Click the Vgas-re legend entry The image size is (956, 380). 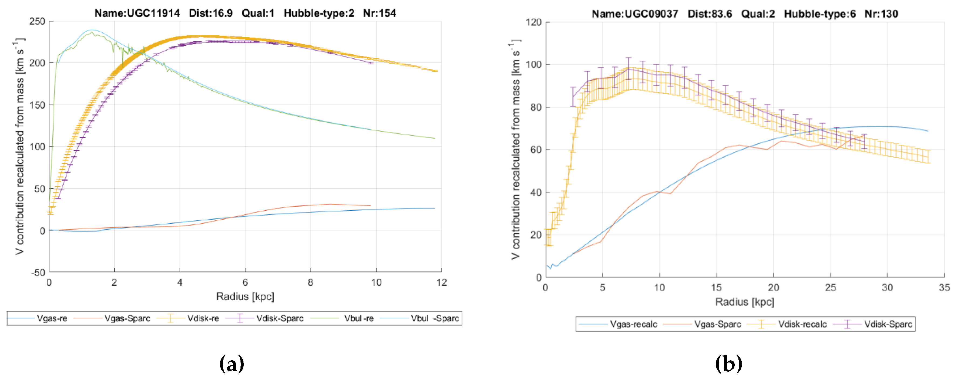click(x=52, y=318)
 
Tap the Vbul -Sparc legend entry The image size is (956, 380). click(x=435, y=318)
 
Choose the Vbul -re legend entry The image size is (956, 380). click(x=359, y=318)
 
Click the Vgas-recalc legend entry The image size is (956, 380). click(x=634, y=324)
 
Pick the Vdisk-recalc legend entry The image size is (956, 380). click(x=802, y=324)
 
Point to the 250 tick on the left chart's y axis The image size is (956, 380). click(x=37, y=22)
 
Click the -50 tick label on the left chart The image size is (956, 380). click(x=38, y=273)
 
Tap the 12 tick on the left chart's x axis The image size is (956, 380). click(x=442, y=283)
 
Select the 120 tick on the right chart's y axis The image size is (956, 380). click(x=533, y=22)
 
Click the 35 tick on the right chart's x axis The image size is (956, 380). click(x=944, y=288)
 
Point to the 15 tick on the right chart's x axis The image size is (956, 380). click(x=716, y=288)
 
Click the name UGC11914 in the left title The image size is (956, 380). click(x=153, y=13)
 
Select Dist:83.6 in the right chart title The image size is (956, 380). click(x=710, y=14)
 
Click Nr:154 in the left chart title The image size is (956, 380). click(x=379, y=13)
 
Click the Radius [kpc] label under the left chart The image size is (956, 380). click(x=245, y=296)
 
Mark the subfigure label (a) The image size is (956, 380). click(x=232, y=364)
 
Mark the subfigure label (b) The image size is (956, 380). click(x=728, y=364)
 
